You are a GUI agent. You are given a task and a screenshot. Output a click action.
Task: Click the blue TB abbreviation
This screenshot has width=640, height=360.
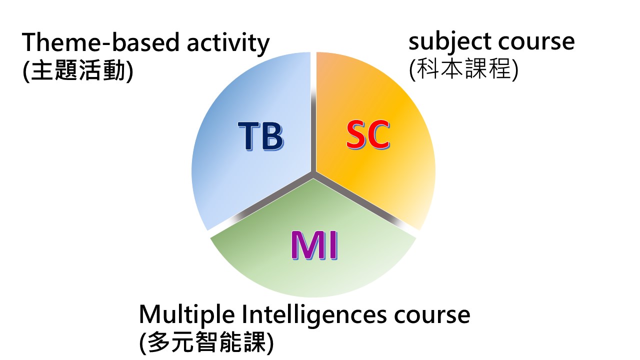[260, 136]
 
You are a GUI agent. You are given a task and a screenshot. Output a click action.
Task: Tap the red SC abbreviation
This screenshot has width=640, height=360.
[368, 134]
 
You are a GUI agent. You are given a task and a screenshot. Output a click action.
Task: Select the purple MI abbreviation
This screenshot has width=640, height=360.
[314, 245]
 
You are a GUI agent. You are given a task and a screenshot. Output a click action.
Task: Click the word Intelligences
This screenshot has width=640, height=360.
[314, 315]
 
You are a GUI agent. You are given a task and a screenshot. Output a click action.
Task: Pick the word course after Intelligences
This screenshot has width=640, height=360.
[432, 316]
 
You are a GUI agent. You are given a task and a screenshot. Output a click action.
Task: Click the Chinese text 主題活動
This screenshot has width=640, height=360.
[77, 70]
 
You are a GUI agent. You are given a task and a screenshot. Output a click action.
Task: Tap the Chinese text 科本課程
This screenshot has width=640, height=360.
[463, 68]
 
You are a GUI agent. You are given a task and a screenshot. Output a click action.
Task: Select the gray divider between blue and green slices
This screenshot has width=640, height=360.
[261, 203]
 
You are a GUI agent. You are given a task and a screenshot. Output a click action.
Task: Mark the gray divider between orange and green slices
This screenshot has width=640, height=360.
[365, 203]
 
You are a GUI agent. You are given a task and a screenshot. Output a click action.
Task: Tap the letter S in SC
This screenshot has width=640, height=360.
[357, 134]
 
